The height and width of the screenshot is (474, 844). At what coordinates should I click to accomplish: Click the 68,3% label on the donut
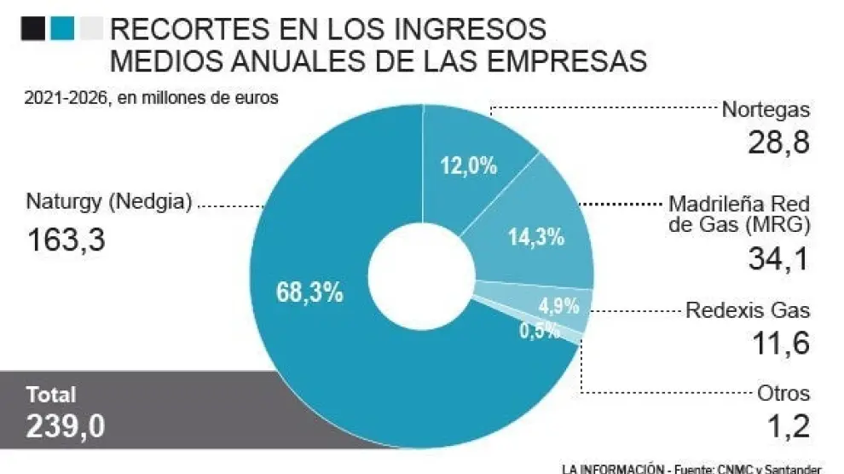click(309, 293)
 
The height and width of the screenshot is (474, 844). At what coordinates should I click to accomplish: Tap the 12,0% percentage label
click(468, 165)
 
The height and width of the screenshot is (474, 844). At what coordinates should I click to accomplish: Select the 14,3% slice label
click(536, 237)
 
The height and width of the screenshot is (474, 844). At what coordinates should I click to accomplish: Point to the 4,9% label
click(559, 305)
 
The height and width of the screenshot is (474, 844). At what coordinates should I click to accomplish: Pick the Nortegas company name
click(766, 109)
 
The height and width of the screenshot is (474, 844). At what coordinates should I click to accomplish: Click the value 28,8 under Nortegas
click(778, 142)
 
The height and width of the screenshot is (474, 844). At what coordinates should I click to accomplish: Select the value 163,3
click(65, 240)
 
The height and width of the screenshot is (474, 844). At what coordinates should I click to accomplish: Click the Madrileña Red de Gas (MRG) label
click(738, 215)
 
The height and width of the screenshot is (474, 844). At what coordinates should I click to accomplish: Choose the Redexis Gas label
click(748, 310)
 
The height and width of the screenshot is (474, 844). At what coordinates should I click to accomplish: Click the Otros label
click(783, 394)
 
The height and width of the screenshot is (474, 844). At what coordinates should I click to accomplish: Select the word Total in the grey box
click(51, 395)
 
